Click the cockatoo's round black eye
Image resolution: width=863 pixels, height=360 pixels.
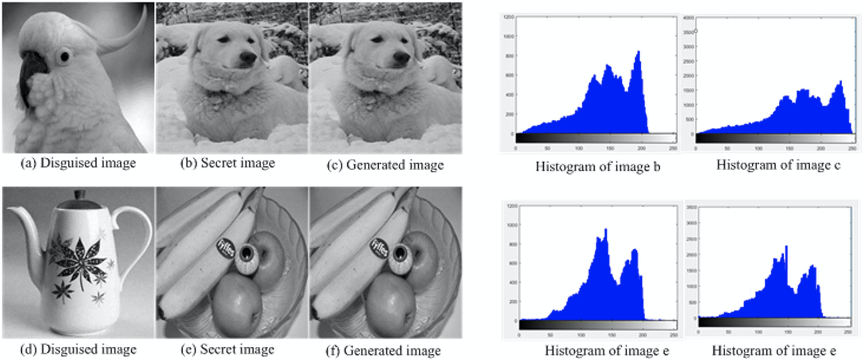(x=65, y=56)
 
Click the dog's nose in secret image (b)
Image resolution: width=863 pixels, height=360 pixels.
(x=248, y=58)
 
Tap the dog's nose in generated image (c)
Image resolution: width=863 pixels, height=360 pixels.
(x=401, y=58)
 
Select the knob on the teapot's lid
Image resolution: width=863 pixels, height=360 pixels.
(x=80, y=195)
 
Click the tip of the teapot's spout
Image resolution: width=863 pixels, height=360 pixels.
(x=10, y=212)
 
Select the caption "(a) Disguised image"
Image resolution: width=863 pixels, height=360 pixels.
(x=78, y=163)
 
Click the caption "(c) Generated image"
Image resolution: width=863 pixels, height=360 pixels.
(x=385, y=165)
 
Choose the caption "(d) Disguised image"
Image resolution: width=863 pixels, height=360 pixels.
(x=78, y=350)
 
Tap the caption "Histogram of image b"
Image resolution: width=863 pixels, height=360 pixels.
(x=597, y=167)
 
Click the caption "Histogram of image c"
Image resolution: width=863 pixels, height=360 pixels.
(x=778, y=165)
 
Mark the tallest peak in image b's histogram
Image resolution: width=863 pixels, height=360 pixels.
(x=639, y=52)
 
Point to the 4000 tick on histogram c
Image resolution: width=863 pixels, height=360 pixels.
(x=688, y=18)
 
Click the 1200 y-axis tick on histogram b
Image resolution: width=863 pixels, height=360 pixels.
(x=508, y=17)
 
